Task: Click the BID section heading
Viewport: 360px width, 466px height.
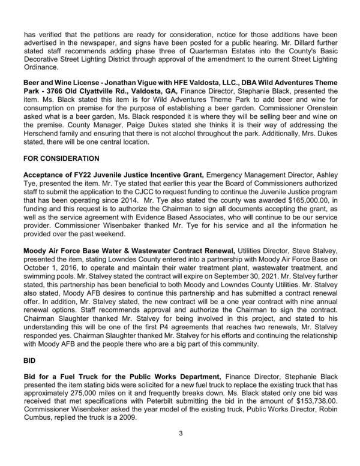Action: coord(31,363)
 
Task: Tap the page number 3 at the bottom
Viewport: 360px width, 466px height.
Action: coord(179,449)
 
